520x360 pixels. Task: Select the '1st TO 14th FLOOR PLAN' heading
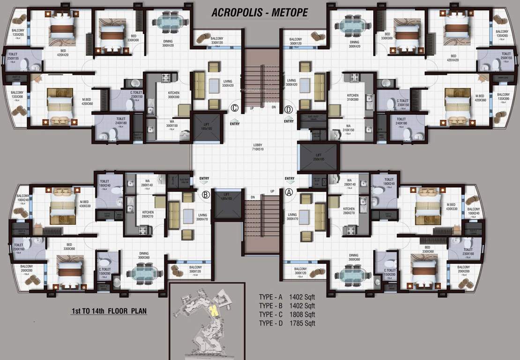pos(109,311)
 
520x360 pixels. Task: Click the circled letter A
pos(289,191)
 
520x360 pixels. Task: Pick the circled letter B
pos(205,195)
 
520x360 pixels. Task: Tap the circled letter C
pos(235,109)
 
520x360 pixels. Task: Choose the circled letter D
pos(289,110)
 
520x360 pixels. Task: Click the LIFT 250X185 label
pos(319,157)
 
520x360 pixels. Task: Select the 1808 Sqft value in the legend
pos(303,315)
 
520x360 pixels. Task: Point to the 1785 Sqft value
pos(303,323)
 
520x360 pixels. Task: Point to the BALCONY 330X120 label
pos(216,41)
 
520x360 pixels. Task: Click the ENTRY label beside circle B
pos(204,179)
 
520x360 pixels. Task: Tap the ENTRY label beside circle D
pos(289,121)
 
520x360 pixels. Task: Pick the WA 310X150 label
pos(349,127)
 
